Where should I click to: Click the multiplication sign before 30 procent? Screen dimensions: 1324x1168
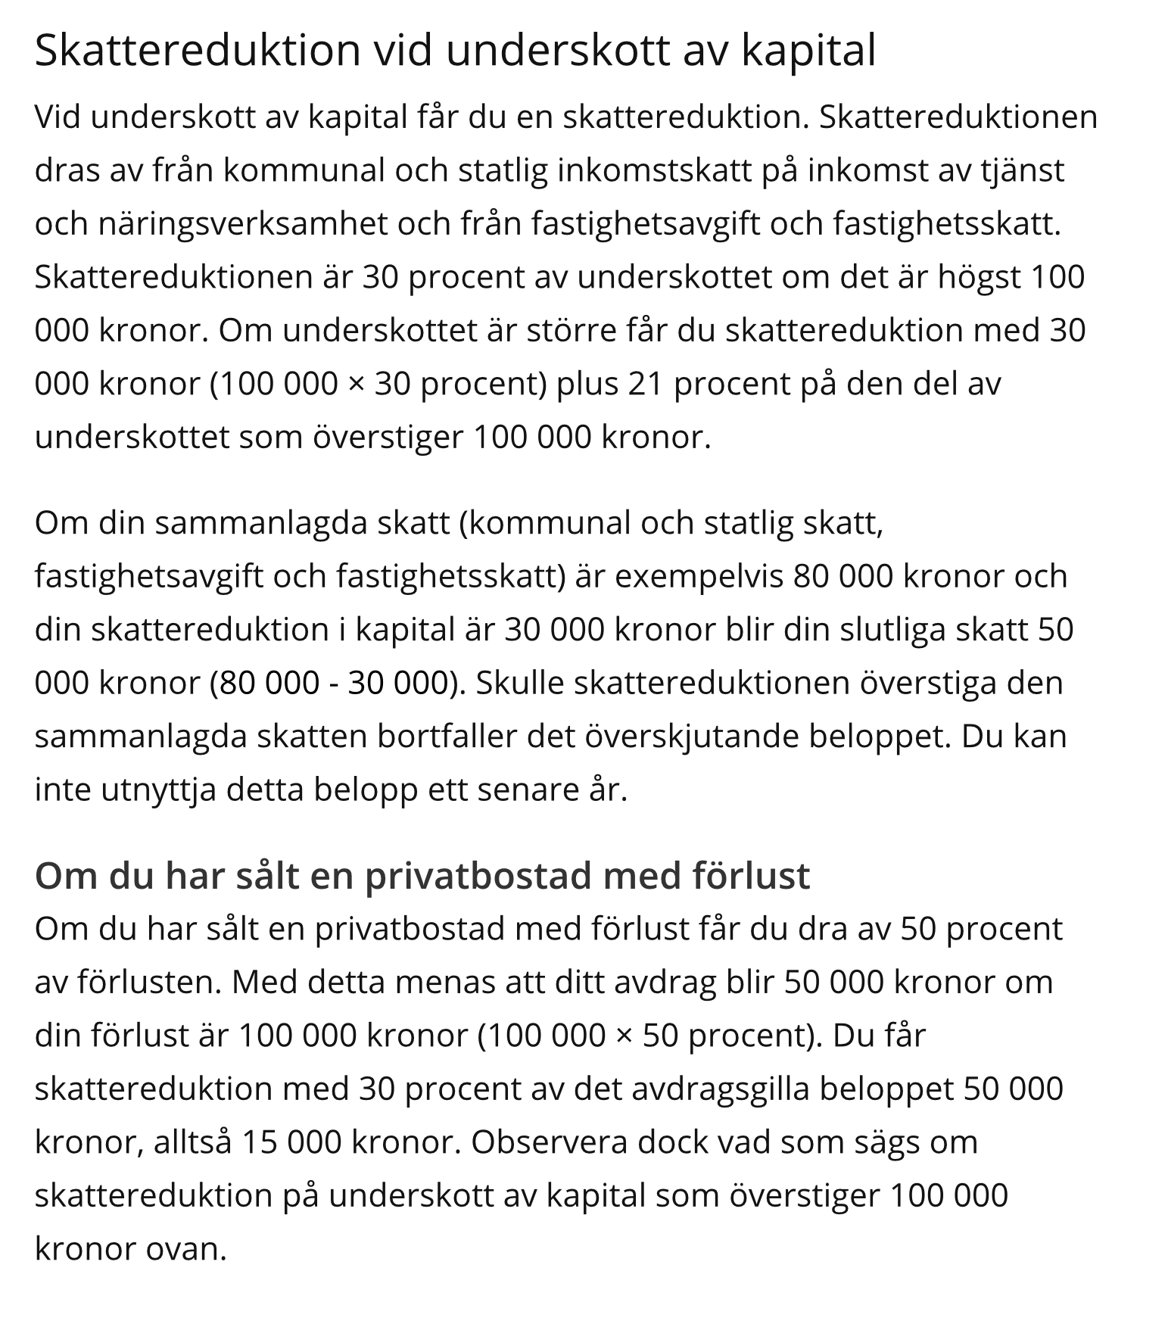click(x=356, y=385)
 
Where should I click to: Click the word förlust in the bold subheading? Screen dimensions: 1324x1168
click(x=750, y=876)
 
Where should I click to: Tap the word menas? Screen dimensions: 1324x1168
click(x=441, y=983)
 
